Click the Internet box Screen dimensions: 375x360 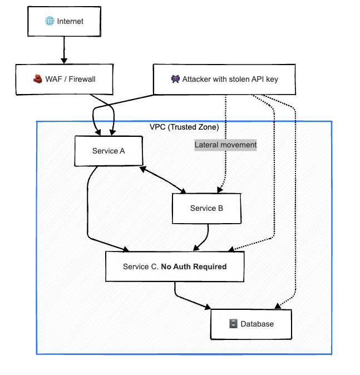pyautogui.click(x=64, y=22)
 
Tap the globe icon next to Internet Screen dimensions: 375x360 pyautogui.click(x=50, y=22)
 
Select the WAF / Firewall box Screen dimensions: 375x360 pyautogui.click(x=64, y=80)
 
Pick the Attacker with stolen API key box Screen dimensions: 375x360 pyautogui.click(x=224, y=80)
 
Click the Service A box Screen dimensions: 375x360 pyautogui.click(x=109, y=151)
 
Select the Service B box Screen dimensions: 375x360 pyautogui.click(x=206, y=208)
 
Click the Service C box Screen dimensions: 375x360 pyautogui.click(x=175, y=267)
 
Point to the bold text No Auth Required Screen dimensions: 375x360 pyautogui.click(x=194, y=267)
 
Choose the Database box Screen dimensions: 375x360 pyautogui.click(x=251, y=324)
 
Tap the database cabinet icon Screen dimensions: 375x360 pyautogui.click(x=233, y=324)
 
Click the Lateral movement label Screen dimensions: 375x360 pyautogui.click(x=225, y=145)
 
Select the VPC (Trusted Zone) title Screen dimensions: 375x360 pyautogui.click(x=184, y=127)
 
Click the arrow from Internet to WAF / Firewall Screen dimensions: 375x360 pyautogui.click(x=64, y=50)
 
